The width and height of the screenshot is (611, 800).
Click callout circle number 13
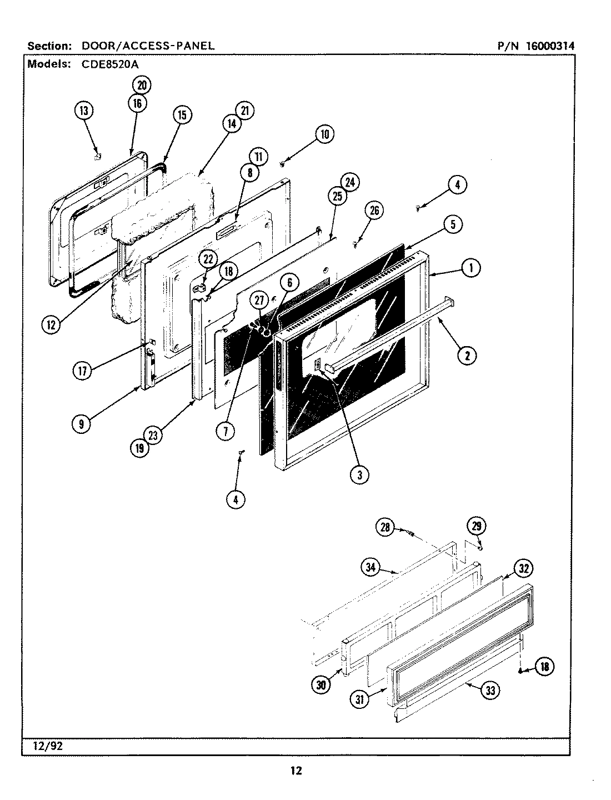click(83, 111)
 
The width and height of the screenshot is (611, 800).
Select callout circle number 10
click(324, 134)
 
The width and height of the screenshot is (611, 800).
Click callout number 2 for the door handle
click(467, 356)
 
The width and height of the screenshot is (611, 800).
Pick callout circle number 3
click(359, 474)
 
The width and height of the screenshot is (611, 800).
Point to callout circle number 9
click(82, 424)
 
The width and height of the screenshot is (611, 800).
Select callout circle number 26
click(374, 210)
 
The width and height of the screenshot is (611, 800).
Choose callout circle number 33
click(489, 690)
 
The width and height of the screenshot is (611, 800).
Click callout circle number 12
click(51, 326)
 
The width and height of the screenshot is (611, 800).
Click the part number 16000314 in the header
click(547, 46)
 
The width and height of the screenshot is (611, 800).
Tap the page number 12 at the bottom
click(296, 771)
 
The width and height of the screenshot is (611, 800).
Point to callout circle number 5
click(453, 224)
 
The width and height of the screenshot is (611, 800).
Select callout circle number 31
click(361, 699)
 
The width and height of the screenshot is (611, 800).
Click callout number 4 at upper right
click(457, 185)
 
